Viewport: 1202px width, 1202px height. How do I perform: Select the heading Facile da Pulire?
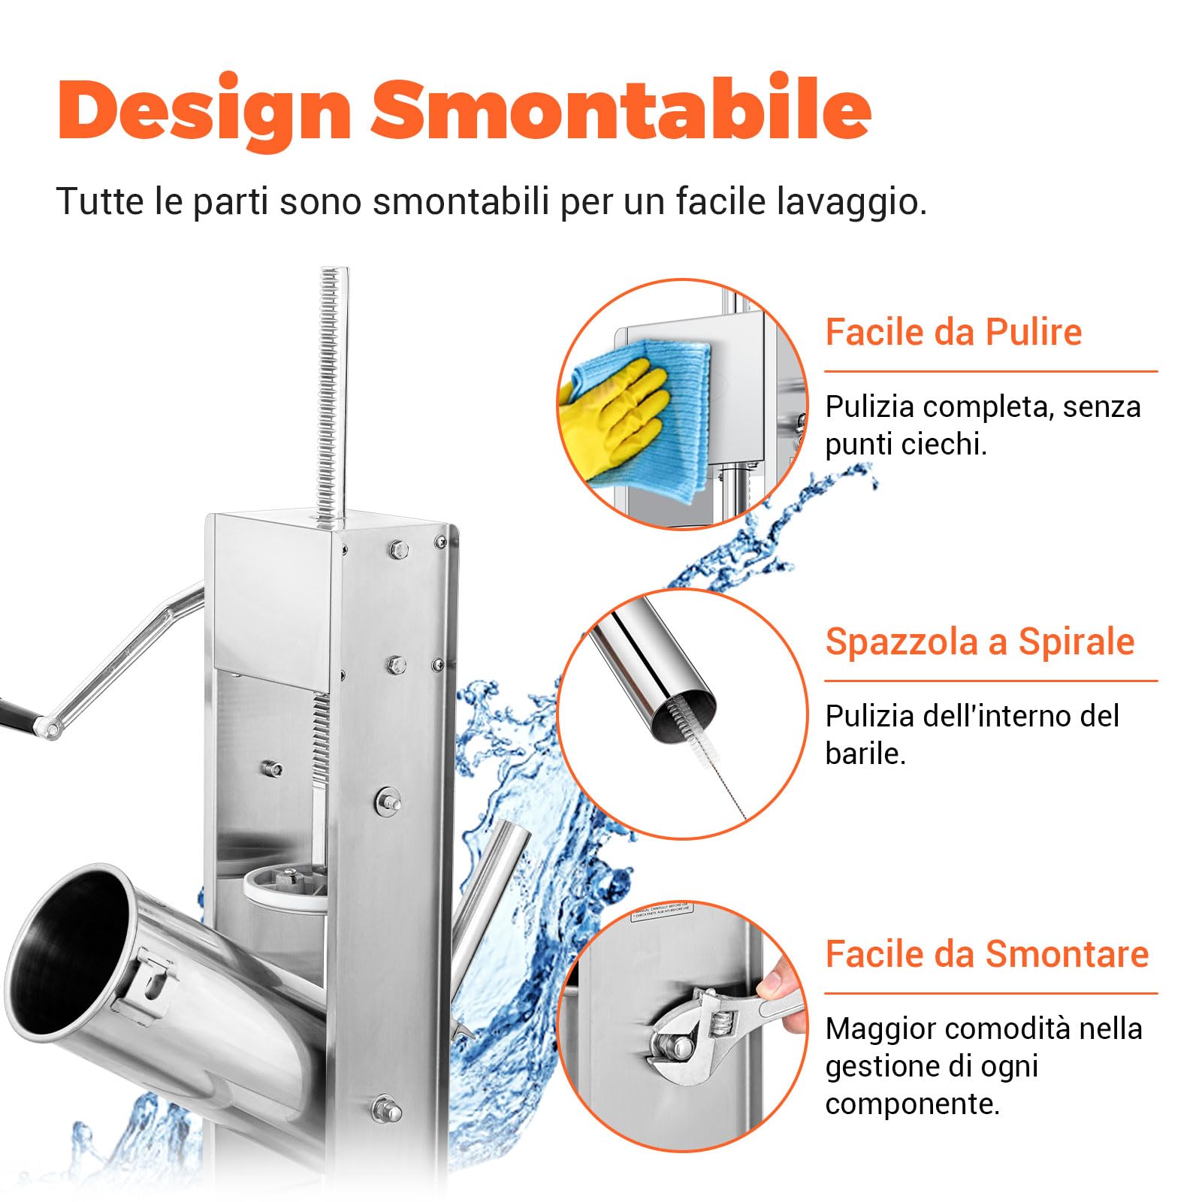point(953,332)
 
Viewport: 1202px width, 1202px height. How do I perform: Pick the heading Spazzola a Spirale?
point(979,642)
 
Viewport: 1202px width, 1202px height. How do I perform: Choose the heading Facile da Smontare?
point(986,954)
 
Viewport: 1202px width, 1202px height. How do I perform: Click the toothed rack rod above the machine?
point(330,391)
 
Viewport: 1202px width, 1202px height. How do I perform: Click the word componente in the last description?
point(911,1104)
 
